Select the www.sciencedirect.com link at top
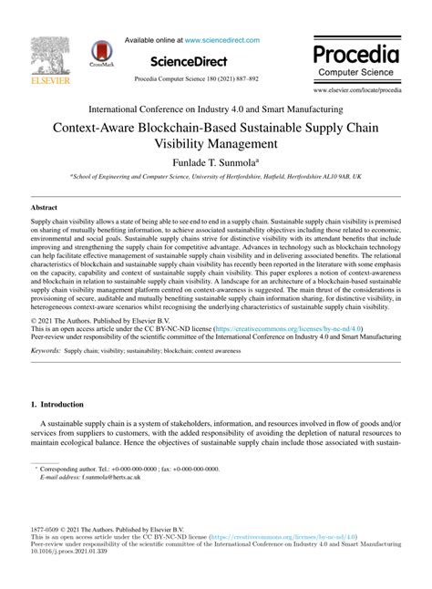224,40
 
